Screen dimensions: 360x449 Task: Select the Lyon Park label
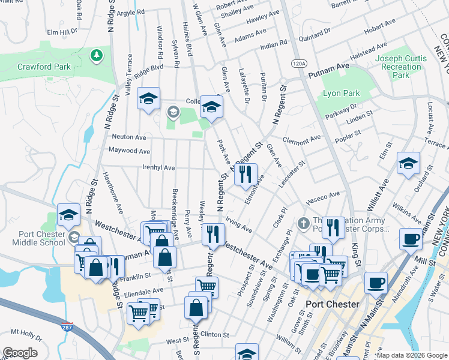coord(341,93)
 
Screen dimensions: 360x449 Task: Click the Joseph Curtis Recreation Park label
coord(401,67)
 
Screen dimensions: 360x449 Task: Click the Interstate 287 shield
coord(67,328)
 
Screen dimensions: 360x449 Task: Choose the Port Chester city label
coord(332,304)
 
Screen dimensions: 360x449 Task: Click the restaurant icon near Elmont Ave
coord(245,174)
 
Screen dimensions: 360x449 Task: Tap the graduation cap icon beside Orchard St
coord(408,163)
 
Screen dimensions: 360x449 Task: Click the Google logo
coord(20,353)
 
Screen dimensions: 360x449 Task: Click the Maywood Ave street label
coord(129,150)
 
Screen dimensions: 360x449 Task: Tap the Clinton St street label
coord(216,334)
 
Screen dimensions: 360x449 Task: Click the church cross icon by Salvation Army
coord(304,223)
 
